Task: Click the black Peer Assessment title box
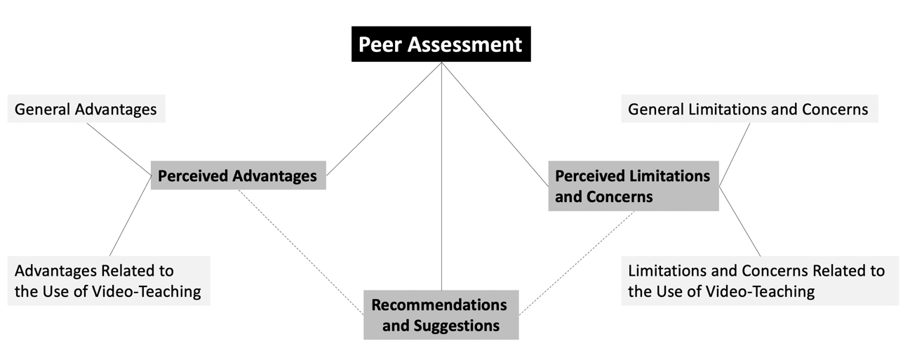click(x=441, y=44)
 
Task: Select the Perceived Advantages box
click(x=238, y=175)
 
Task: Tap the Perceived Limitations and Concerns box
click(x=633, y=186)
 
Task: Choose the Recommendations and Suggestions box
click(x=441, y=315)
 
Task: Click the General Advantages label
click(x=86, y=109)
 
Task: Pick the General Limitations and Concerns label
click(x=748, y=109)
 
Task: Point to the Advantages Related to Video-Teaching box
click(x=108, y=281)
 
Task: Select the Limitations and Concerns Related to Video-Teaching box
click(x=758, y=281)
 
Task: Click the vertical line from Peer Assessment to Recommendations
click(x=441, y=175)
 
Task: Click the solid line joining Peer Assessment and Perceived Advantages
click(x=384, y=119)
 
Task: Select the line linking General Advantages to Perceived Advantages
click(x=119, y=149)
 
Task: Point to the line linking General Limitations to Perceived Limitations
click(x=735, y=154)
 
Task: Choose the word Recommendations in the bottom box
click(x=439, y=305)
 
